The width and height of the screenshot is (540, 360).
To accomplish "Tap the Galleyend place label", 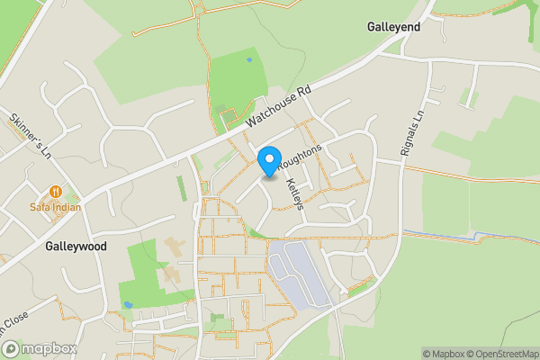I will pos(393,28).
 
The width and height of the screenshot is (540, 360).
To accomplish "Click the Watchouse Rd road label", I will pos(281,106).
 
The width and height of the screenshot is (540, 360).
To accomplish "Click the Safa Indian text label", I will pos(55,207).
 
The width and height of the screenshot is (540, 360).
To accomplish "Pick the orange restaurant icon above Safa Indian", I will pos(56,191).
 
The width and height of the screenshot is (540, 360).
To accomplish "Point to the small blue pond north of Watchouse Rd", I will pos(248,60).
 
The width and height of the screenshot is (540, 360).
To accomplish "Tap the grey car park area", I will pos(298,270).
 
